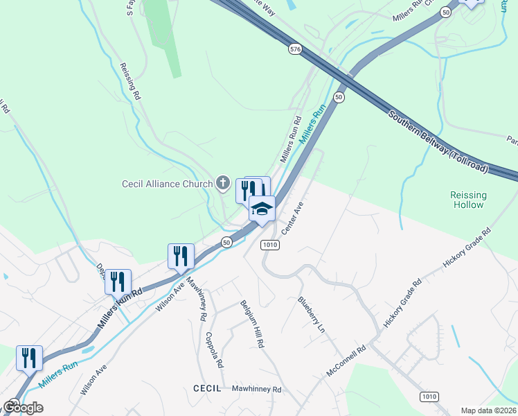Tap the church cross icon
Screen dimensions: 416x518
pos(222,183)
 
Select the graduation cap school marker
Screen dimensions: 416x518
pos(262,209)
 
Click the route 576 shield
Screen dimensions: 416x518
pos(296,49)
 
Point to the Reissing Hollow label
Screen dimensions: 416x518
pos(469,200)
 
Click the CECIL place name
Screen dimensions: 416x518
pos(206,389)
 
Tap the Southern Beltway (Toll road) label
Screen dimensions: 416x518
pos(438,142)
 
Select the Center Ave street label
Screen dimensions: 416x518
pos(292,218)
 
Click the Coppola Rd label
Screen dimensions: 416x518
pos(213,350)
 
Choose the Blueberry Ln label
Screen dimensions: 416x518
pos(311,314)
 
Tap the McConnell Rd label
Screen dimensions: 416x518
pos(346,362)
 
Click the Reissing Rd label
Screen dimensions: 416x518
pos(129,79)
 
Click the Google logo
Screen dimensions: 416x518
pos(22,408)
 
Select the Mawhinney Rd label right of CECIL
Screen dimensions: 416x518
pos(256,390)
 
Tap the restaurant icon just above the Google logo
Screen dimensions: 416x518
pos(29,358)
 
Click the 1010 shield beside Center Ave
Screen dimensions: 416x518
pos(269,245)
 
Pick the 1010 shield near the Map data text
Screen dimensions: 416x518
pos(429,395)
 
